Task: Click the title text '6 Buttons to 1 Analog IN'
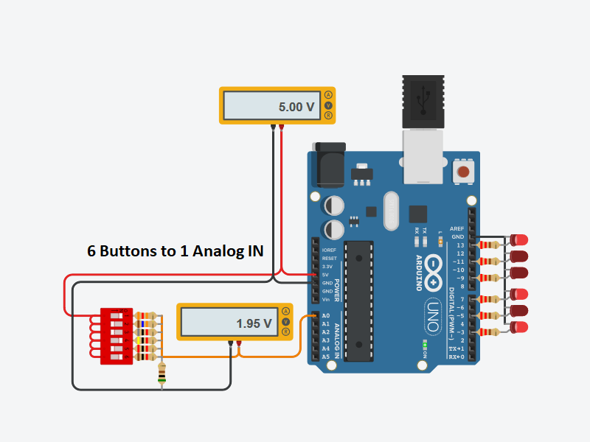coord(176,250)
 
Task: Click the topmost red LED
coord(521,240)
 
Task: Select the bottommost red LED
coord(520,327)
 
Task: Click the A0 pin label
coord(325,316)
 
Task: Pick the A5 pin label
coord(325,357)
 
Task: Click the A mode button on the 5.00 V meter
coord(328,94)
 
